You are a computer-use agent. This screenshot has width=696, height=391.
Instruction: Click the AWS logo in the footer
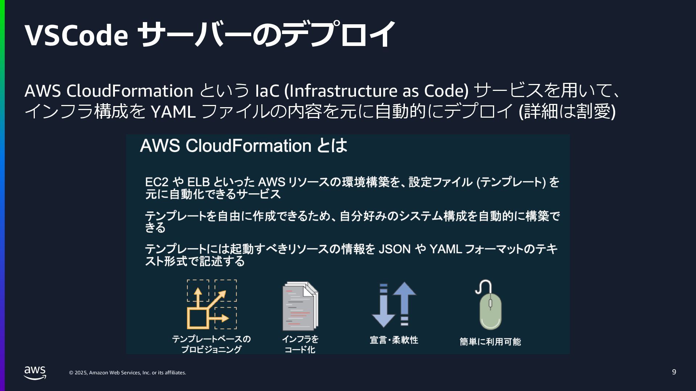pyautogui.click(x=35, y=373)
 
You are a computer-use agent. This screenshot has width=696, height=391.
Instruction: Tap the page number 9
pyautogui.click(x=674, y=372)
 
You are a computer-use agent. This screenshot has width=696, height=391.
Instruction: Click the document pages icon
pyautogui.click(x=300, y=306)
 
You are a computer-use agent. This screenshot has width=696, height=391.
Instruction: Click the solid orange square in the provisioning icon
pyautogui.click(x=198, y=318)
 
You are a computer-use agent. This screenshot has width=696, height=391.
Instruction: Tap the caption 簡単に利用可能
pyautogui.click(x=490, y=342)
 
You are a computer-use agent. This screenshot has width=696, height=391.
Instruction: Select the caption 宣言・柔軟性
pyautogui.click(x=394, y=340)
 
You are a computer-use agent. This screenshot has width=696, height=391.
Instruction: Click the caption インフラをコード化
pyautogui.click(x=300, y=344)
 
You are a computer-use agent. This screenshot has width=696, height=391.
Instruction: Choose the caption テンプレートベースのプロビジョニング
pyautogui.click(x=211, y=344)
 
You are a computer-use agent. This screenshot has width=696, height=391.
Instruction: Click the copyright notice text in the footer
pyautogui.click(x=128, y=373)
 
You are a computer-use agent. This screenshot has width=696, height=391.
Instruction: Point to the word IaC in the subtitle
pyautogui.click(x=267, y=91)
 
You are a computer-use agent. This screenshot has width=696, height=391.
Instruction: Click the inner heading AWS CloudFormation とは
pyautogui.click(x=243, y=146)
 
